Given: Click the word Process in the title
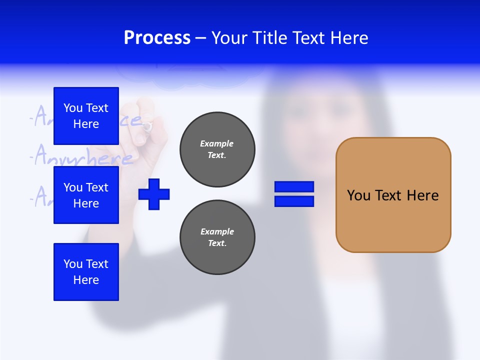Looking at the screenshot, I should (157, 38).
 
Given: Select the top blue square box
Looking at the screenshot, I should (86, 116).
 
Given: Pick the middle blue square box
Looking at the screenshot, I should (86, 195).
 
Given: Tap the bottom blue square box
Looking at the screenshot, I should (86, 272).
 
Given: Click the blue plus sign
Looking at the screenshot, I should (154, 194).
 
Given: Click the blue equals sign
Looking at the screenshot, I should (294, 194).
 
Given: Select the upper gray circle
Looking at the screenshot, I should (217, 149).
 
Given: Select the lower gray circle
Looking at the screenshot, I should (217, 237).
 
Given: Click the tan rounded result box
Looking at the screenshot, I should (393, 195).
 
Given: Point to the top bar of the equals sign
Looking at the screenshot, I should (294, 187).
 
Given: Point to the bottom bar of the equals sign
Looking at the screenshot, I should (294, 201).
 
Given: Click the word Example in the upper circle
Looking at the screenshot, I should (217, 143).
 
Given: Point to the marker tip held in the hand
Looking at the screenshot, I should (146, 127).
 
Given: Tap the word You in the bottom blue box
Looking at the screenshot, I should (72, 264).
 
